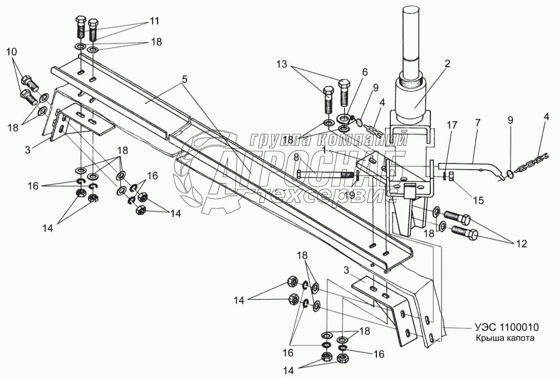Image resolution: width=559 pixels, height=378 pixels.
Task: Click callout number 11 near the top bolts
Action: tap(154, 21)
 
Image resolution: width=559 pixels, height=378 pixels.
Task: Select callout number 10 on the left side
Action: tap(11, 52)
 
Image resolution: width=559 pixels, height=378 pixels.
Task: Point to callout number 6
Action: tap(364, 72)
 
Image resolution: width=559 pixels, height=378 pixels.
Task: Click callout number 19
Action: tap(349, 195)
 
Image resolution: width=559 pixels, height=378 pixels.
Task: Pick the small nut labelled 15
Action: tap(451, 176)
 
